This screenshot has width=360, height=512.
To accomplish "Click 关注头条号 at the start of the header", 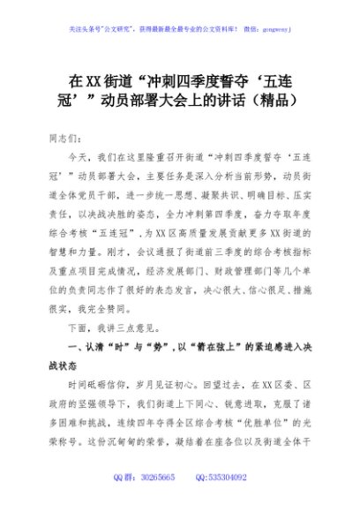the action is coord(82,27).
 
